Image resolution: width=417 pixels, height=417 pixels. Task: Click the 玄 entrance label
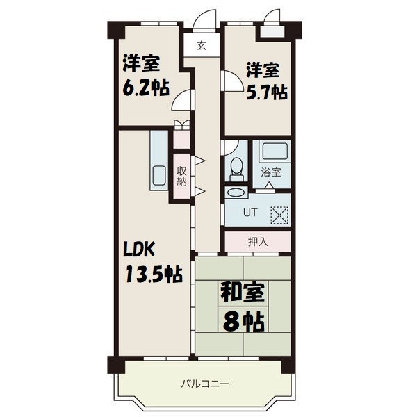pyautogui.click(x=202, y=46)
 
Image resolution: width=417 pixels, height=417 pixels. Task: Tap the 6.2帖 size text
pyautogui.click(x=146, y=88)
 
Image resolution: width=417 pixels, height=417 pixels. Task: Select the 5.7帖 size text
pyautogui.click(x=267, y=92)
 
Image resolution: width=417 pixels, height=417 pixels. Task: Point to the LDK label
pyautogui.click(x=139, y=250)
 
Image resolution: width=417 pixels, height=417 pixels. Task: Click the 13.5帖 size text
pyautogui.click(x=154, y=275)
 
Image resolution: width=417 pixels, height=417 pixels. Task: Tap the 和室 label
pyautogui.click(x=243, y=293)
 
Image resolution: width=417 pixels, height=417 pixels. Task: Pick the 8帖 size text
pyautogui.click(x=244, y=322)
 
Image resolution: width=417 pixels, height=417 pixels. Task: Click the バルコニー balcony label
pyautogui.click(x=205, y=384)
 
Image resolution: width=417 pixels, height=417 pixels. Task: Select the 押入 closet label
pyautogui.click(x=258, y=241)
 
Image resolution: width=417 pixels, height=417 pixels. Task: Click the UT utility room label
pyautogui.click(x=250, y=212)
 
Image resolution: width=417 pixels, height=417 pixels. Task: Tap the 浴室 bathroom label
pyautogui.click(x=271, y=172)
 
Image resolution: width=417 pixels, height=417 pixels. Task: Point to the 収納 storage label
pyautogui.click(x=182, y=176)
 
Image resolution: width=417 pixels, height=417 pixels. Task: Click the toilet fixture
pyautogui.click(x=236, y=169)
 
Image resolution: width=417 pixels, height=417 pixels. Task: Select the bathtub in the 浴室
pyautogui.click(x=275, y=151)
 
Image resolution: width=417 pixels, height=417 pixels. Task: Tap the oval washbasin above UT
pyautogui.click(x=236, y=193)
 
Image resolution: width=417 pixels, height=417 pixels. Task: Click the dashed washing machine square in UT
pyautogui.click(x=279, y=214)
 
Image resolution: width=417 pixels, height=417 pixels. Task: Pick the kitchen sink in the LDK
pyautogui.click(x=159, y=176)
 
